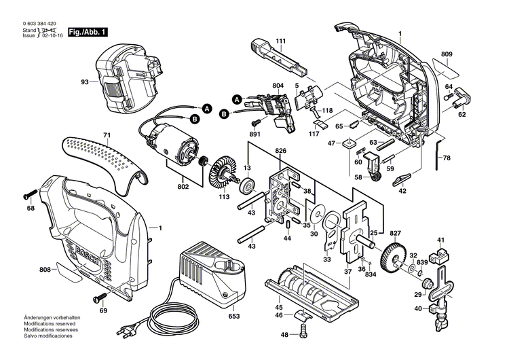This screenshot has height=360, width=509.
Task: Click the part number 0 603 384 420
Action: click(x=40, y=24)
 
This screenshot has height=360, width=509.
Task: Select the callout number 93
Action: click(x=85, y=82)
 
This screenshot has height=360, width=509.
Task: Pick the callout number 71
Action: click(x=106, y=135)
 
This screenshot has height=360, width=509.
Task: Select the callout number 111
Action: click(x=280, y=41)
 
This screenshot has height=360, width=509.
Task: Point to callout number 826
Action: click(x=280, y=151)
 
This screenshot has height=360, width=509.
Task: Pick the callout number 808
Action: click(x=45, y=270)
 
